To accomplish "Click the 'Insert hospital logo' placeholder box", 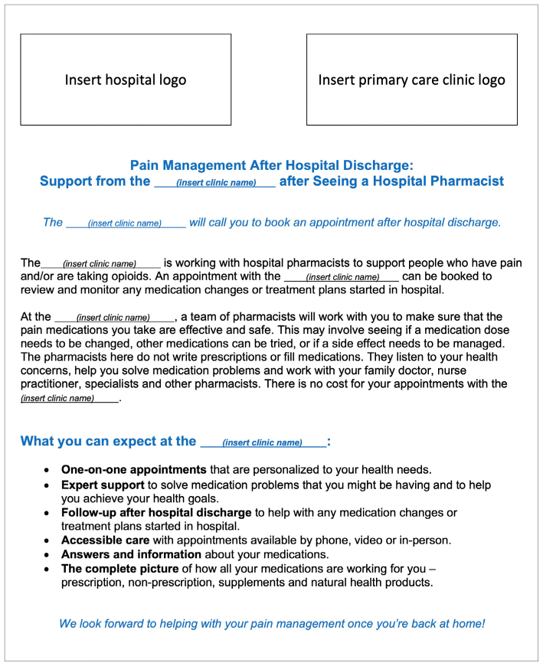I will pyautogui.click(x=126, y=80).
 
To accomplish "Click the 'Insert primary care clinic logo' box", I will pyautogui.click(x=411, y=80).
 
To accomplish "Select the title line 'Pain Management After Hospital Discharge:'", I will pyautogui.click(x=271, y=165).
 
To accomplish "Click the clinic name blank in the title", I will pyautogui.click(x=215, y=183).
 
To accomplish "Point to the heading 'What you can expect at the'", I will pyautogui.click(x=109, y=441).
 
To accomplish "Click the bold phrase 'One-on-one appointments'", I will pyautogui.click(x=133, y=469).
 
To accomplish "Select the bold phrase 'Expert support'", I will pyautogui.click(x=103, y=485).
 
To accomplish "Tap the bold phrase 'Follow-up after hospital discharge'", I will pyautogui.click(x=156, y=512).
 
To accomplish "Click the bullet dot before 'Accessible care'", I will pyautogui.click(x=48, y=540).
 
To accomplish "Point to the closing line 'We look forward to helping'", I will pyautogui.click(x=272, y=623).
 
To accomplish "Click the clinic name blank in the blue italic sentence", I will pyautogui.click(x=126, y=224).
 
